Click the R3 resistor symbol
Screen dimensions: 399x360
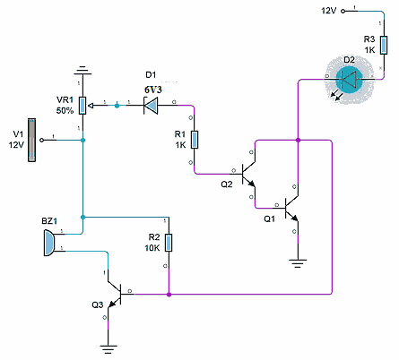point(384,46)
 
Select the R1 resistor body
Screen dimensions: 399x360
point(195,140)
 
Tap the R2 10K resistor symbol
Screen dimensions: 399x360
point(169,243)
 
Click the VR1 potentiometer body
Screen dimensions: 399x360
point(82,106)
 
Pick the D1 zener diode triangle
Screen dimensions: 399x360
point(151,106)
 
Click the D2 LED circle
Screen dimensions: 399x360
point(349,80)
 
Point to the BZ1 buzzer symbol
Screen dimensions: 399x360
point(49,243)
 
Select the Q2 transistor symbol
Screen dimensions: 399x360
point(248,174)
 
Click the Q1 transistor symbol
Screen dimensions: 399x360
point(291,209)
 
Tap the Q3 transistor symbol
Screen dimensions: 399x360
point(115,295)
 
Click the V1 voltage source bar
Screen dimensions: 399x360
point(31,140)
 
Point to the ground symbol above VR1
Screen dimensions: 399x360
point(82,71)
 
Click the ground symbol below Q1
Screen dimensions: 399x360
point(298,263)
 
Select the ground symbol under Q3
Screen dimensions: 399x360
point(108,349)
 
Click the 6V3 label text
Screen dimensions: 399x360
point(153,90)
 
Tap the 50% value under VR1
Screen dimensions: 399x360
point(65,110)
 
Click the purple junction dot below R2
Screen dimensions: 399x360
point(169,295)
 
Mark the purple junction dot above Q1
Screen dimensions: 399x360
point(298,140)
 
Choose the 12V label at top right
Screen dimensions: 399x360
point(329,11)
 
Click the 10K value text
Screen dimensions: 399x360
point(152,248)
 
